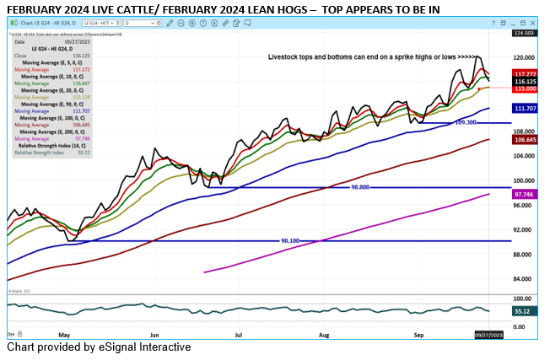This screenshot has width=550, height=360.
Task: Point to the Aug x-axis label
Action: [x=325, y=334]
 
